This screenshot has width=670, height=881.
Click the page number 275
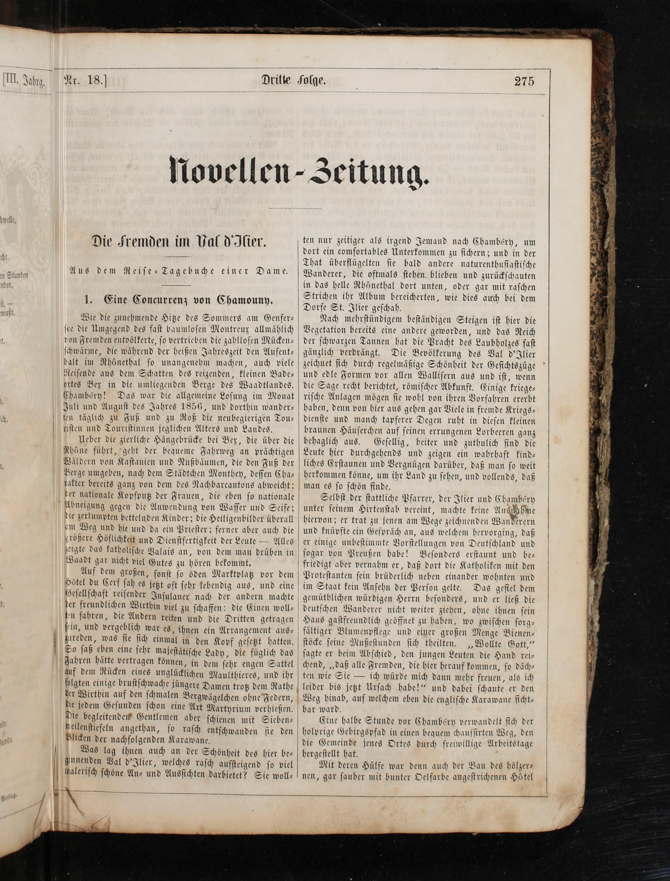[524, 81]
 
